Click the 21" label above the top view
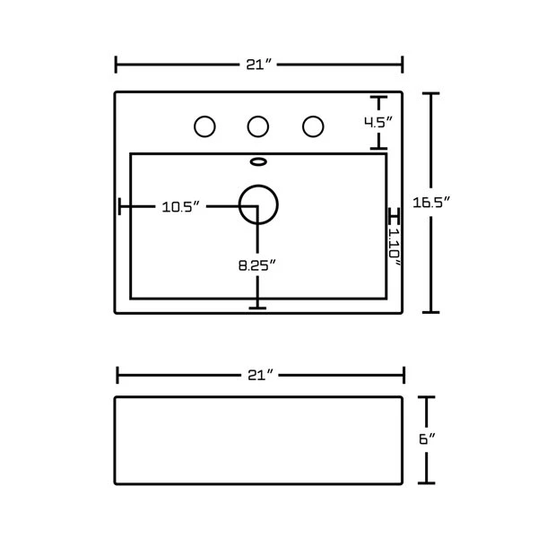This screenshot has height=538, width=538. coord(258,64)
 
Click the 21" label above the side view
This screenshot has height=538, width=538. coord(259,375)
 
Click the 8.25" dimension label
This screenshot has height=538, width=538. coord(256,265)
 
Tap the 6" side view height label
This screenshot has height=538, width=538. coord(427,439)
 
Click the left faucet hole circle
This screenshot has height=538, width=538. coord(205,126)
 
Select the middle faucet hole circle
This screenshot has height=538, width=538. coord(258,126)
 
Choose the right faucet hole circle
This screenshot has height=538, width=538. coord(312,126)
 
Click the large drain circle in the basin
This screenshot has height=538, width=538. coord(258,204)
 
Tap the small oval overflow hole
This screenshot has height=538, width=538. coord(258,162)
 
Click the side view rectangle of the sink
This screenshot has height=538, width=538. coord(258,439)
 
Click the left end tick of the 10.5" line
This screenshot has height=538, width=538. coord(120,207)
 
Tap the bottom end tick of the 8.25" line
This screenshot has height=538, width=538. coord(258,308)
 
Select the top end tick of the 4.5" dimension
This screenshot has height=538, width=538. coord(378,96)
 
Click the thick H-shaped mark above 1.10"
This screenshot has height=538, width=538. coord(393,216)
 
